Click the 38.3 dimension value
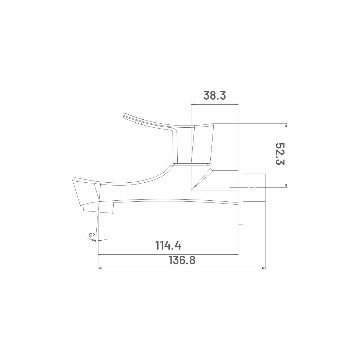point(214,96)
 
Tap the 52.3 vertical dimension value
point(280,154)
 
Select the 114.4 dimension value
point(168,245)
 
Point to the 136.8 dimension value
point(182,260)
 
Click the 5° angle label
point(92,235)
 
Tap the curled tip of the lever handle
point(126,115)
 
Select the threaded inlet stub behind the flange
point(254,188)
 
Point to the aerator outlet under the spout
point(99,209)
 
